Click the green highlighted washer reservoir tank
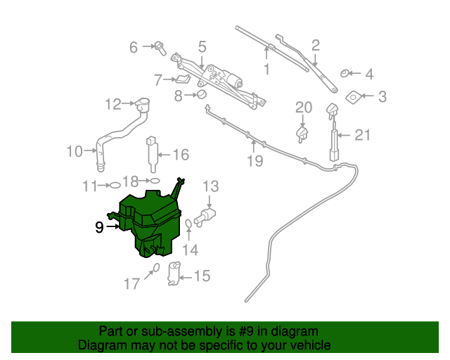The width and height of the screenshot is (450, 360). (149, 221)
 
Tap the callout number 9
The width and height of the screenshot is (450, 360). (99, 227)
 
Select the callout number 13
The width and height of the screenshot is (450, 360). (211, 186)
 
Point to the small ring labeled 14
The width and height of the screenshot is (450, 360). (189, 225)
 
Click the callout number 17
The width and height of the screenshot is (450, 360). (132, 284)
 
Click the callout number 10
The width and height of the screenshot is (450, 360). (75, 150)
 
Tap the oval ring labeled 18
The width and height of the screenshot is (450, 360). (155, 181)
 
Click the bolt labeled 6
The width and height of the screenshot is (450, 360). (160, 49)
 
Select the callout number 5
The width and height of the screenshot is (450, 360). (202, 47)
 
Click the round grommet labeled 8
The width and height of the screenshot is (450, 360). (200, 94)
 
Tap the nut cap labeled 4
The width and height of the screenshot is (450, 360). (345, 72)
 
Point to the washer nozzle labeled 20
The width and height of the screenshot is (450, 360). (302, 132)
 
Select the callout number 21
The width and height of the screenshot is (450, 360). (361, 135)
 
